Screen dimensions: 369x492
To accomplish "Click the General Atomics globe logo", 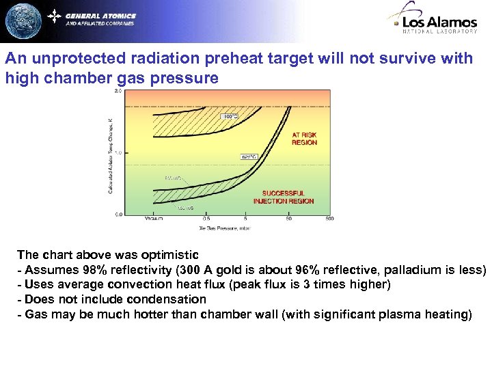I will click(x=23, y=20).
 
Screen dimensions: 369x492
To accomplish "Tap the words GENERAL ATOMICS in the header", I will click(x=101, y=16).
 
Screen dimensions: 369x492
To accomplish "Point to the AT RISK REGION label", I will click(x=304, y=139).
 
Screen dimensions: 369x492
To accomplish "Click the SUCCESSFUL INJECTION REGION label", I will click(x=284, y=197).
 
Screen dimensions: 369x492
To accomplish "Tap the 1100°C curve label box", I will click(x=229, y=117).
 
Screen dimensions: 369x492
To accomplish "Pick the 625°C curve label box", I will click(x=248, y=156).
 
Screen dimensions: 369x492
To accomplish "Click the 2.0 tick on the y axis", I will click(x=118, y=90).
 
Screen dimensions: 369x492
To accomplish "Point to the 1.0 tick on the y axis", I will click(x=118, y=152).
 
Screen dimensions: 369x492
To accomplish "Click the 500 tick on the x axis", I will click(x=329, y=219).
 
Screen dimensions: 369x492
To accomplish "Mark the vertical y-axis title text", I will click(x=110, y=154).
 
